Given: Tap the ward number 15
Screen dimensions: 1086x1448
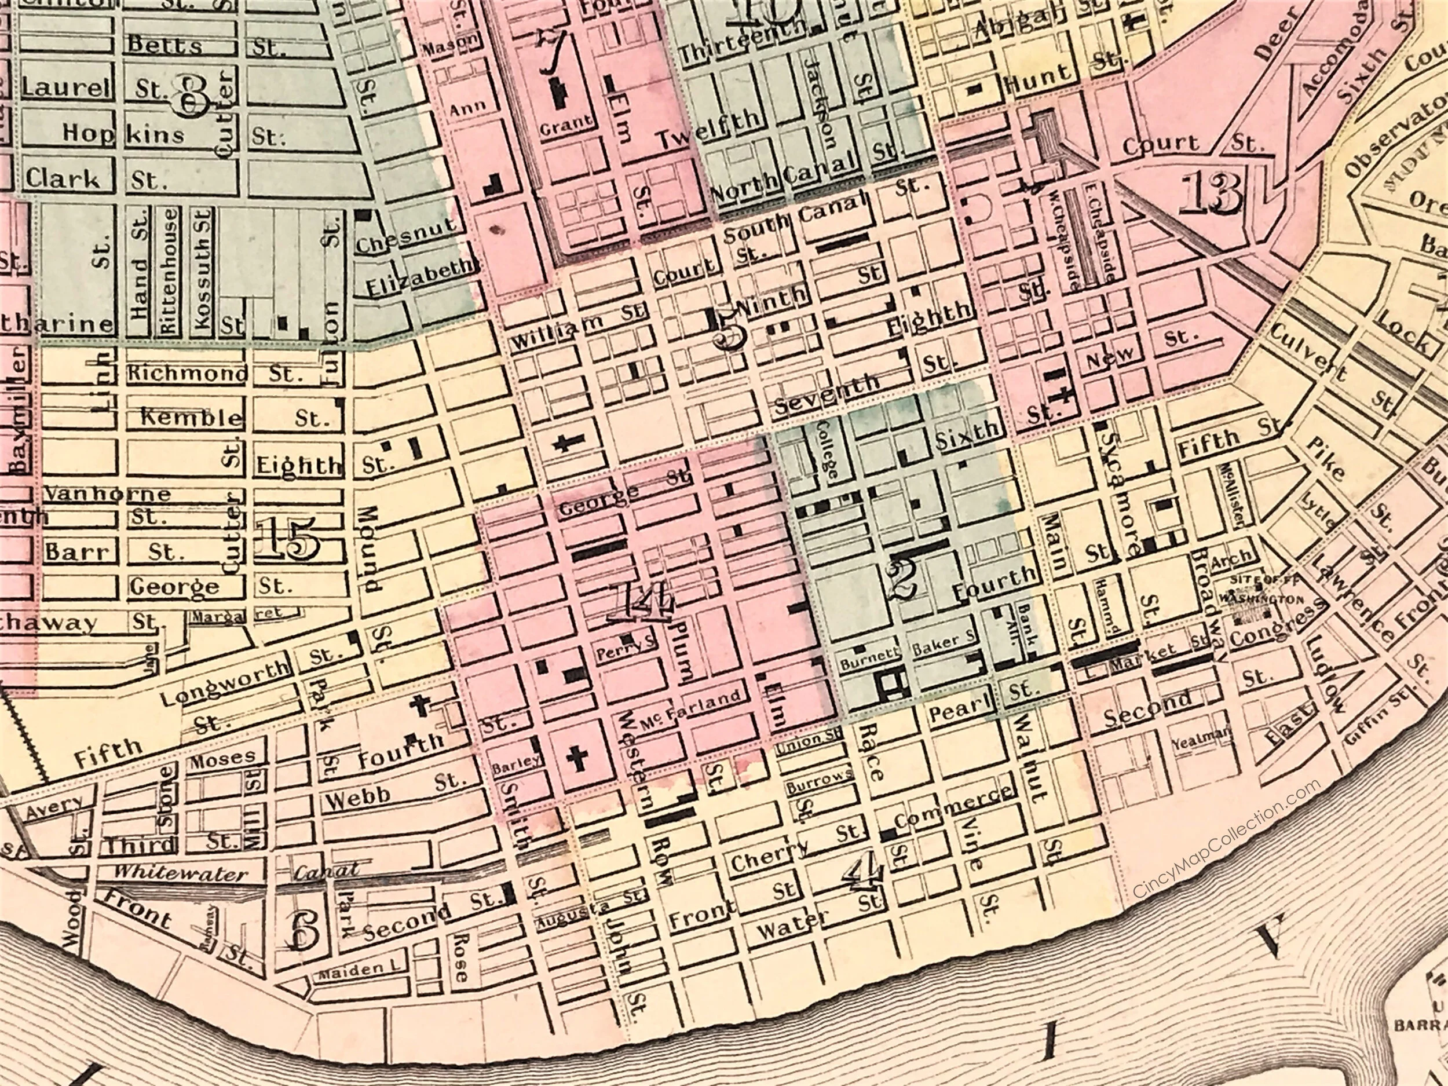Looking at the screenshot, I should pos(291,539).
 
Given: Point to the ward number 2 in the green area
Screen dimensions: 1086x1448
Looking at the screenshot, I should pos(901,580).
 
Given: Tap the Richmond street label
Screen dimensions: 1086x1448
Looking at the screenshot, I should pos(187,374).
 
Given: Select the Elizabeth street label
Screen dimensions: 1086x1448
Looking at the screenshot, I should pos(419,277).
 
